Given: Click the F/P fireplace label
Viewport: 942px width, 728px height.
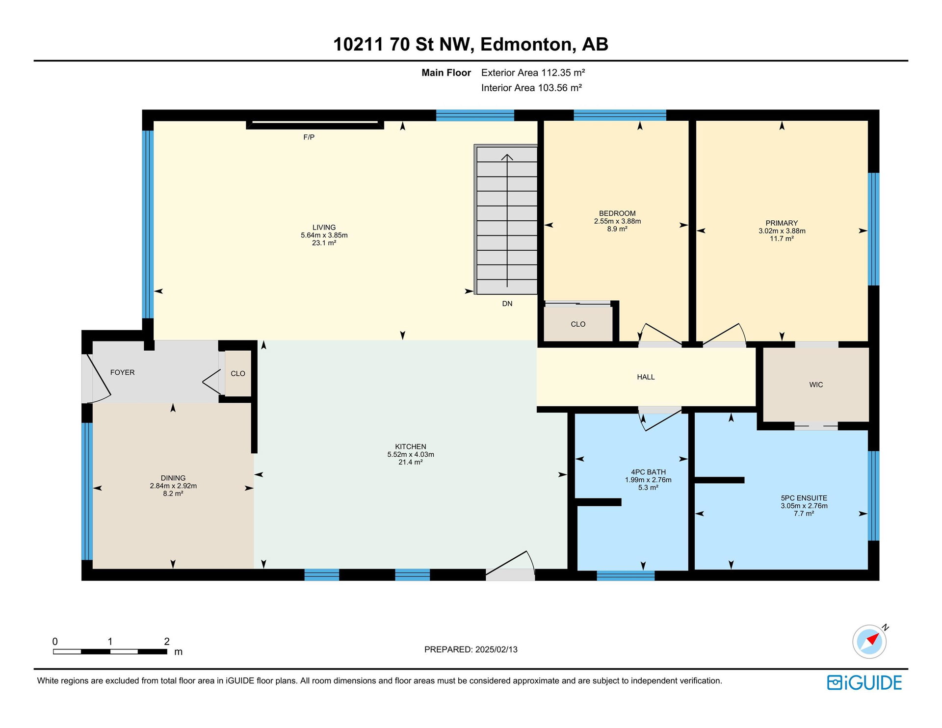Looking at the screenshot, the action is [309, 137].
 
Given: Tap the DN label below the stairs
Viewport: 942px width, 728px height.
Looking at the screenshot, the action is [507, 304].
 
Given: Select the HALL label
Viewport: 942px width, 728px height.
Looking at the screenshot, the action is [646, 377].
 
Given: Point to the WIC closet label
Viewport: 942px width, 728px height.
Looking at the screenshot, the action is [816, 385].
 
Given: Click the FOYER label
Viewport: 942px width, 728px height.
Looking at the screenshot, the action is [122, 373].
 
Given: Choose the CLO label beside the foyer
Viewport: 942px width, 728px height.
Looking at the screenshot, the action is [238, 374].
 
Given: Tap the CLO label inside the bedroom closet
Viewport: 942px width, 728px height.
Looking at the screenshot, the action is [578, 324].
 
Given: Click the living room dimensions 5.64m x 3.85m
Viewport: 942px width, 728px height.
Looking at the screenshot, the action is [324, 235].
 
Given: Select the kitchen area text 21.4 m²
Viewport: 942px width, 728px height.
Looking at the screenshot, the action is [411, 462].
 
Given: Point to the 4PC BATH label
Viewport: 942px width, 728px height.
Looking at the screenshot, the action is [648, 472].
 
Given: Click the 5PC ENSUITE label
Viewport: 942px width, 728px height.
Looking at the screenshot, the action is [804, 498].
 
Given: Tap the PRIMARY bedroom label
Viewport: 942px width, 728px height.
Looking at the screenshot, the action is [782, 223].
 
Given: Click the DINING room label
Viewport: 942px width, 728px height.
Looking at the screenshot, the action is [173, 478].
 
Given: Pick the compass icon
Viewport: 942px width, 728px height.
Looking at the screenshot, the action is [870, 641].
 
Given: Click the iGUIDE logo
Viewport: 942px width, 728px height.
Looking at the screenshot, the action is [864, 683].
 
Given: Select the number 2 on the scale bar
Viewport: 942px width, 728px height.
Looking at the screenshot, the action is [167, 642].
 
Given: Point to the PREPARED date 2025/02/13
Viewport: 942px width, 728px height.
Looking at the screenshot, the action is [496, 650].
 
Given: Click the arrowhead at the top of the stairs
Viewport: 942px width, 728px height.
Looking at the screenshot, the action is [507, 157].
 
